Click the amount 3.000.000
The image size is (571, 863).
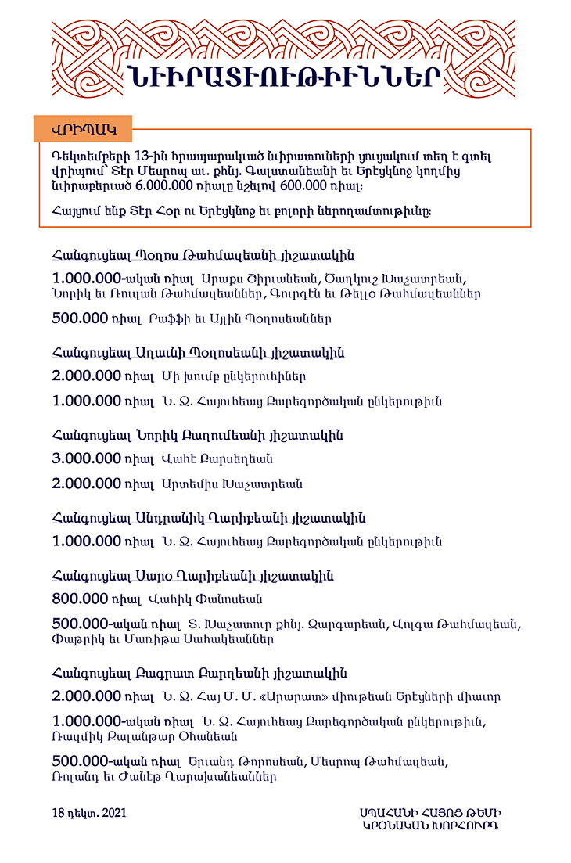point(86,458)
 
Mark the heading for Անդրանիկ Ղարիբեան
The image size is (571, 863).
point(208,519)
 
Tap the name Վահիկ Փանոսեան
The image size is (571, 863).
point(211,600)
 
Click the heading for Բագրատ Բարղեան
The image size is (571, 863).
point(199,674)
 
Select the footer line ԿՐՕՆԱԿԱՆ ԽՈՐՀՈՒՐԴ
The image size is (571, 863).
point(430,825)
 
